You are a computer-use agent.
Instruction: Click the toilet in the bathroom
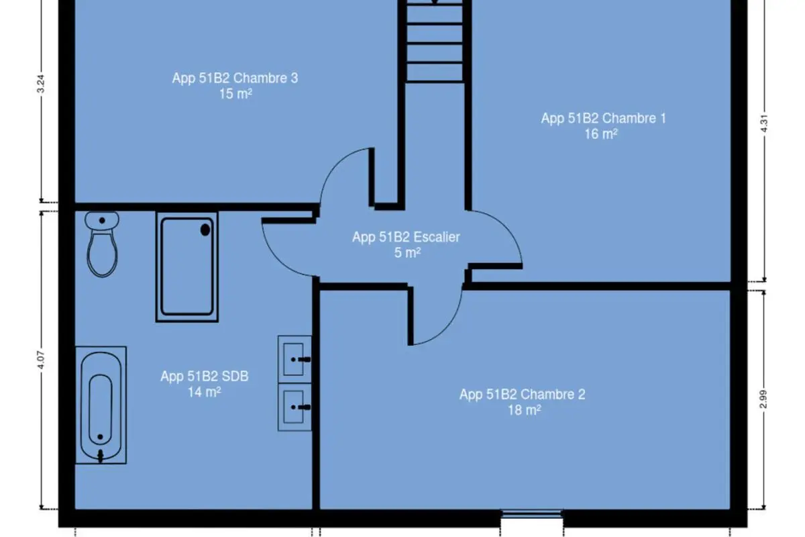click(x=102, y=244)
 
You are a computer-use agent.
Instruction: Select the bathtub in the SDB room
click(x=101, y=405)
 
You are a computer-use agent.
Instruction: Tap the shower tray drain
click(x=205, y=230)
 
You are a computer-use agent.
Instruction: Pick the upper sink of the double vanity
click(x=294, y=359)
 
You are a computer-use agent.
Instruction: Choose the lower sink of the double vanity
click(x=294, y=407)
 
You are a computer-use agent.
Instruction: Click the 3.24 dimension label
click(x=41, y=84)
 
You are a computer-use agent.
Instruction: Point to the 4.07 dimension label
click(x=41, y=360)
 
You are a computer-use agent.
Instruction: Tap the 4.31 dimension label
click(x=764, y=124)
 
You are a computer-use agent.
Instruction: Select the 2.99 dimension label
click(x=764, y=399)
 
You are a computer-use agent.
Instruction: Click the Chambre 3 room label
click(x=235, y=78)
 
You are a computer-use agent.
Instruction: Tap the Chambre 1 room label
click(x=603, y=118)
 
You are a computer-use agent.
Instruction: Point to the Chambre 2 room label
click(x=522, y=395)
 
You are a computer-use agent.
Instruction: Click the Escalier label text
click(x=436, y=237)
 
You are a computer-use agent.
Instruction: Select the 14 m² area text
click(x=204, y=392)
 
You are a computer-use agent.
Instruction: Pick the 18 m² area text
click(x=525, y=410)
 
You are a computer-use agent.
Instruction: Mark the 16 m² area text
click(x=601, y=134)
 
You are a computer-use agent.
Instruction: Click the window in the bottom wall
click(x=532, y=514)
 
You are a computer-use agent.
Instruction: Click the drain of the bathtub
click(x=100, y=437)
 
